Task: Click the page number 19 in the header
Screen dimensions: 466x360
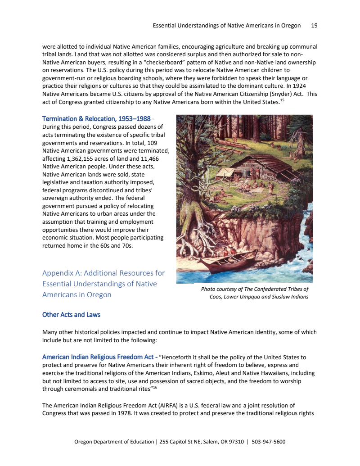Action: coord(314,26)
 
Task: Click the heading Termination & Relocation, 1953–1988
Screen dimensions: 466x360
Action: coord(96,119)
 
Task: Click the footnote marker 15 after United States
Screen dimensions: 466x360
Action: coord(282,100)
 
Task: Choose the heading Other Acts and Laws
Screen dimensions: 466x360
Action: coord(71,314)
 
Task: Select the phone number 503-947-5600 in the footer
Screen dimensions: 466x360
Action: coord(269,442)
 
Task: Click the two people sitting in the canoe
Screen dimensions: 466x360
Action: coord(229,255)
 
